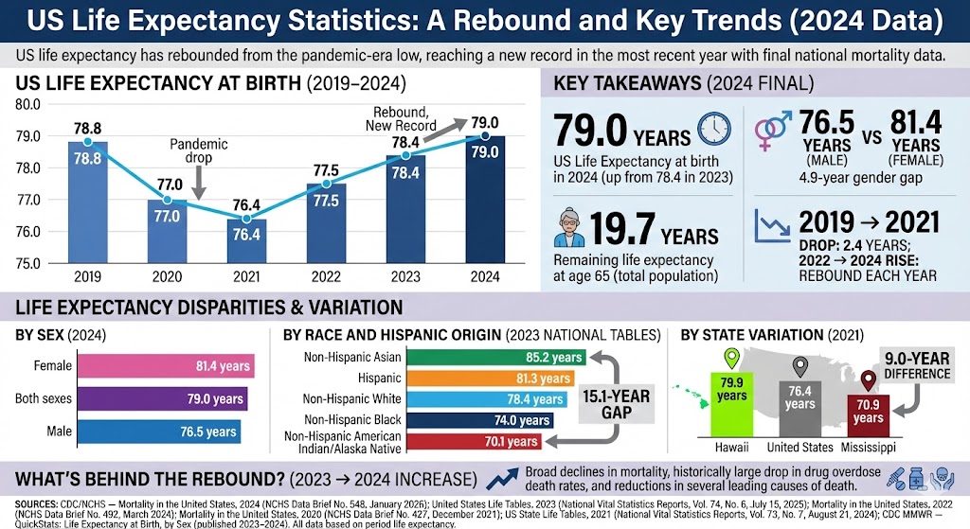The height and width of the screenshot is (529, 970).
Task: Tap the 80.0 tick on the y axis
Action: pos(28,104)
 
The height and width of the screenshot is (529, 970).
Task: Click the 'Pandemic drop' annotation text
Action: pos(199,151)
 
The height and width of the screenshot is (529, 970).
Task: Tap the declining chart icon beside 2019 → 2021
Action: pos(772,227)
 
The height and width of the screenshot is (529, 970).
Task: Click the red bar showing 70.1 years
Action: pos(473,440)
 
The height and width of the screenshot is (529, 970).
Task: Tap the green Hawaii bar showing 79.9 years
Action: pos(732,408)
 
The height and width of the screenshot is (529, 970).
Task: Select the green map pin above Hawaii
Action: pos(730,361)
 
